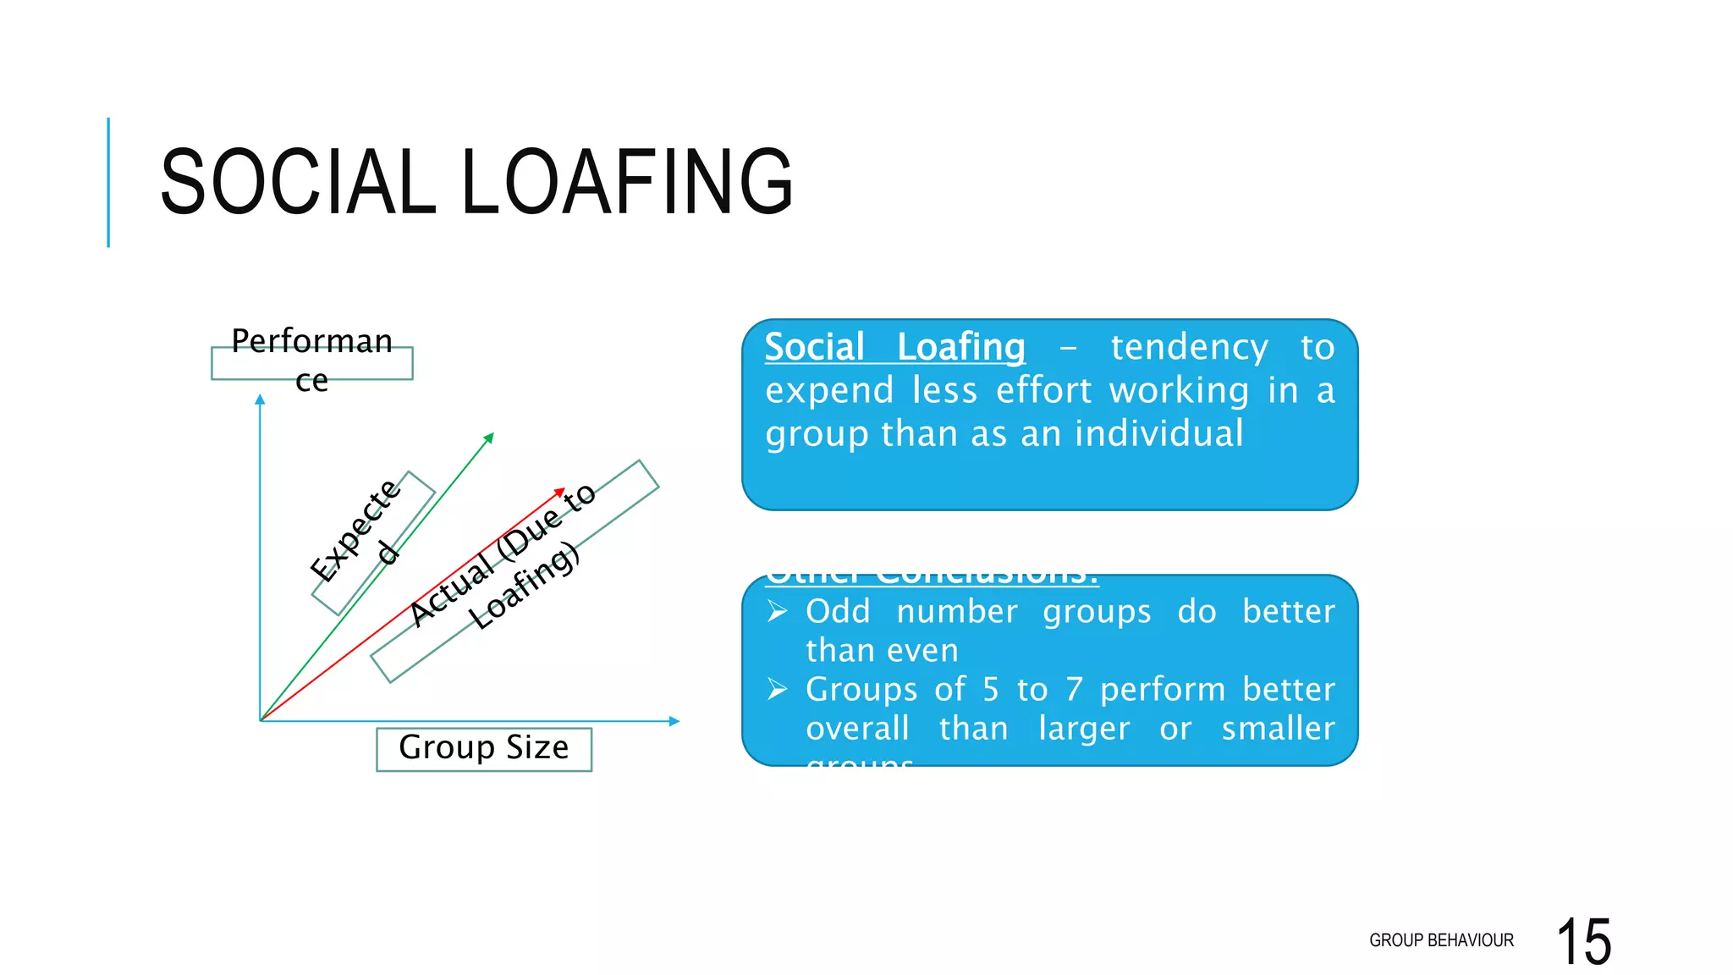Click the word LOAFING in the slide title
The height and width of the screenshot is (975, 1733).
(627, 181)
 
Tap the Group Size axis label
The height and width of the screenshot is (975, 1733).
(483, 748)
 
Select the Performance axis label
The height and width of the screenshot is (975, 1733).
(311, 361)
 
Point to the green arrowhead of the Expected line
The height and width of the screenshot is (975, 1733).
(489, 437)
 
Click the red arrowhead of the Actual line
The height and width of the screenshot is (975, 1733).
(560, 492)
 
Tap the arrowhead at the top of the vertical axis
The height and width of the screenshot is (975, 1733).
(260, 399)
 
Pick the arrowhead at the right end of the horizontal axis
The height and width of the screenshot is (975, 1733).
(674, 721)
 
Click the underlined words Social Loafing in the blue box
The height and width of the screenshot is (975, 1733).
(894, 347)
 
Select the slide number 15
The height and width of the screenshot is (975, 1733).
(1583, 941)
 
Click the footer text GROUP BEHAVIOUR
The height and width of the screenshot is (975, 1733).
(1441, 940)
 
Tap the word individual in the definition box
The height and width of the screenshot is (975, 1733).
(1158, 433)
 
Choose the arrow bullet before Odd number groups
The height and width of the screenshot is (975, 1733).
(777, 611)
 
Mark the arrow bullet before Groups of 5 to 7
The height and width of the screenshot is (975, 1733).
(777, 690)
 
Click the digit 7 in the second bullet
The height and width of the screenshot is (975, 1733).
(1074, 690)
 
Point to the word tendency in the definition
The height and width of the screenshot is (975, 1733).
(1189, 347)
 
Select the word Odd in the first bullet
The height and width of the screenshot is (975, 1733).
(837, 611)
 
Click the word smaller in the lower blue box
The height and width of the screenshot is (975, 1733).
(1278, 729)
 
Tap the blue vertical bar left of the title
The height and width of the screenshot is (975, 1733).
(108, 182)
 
